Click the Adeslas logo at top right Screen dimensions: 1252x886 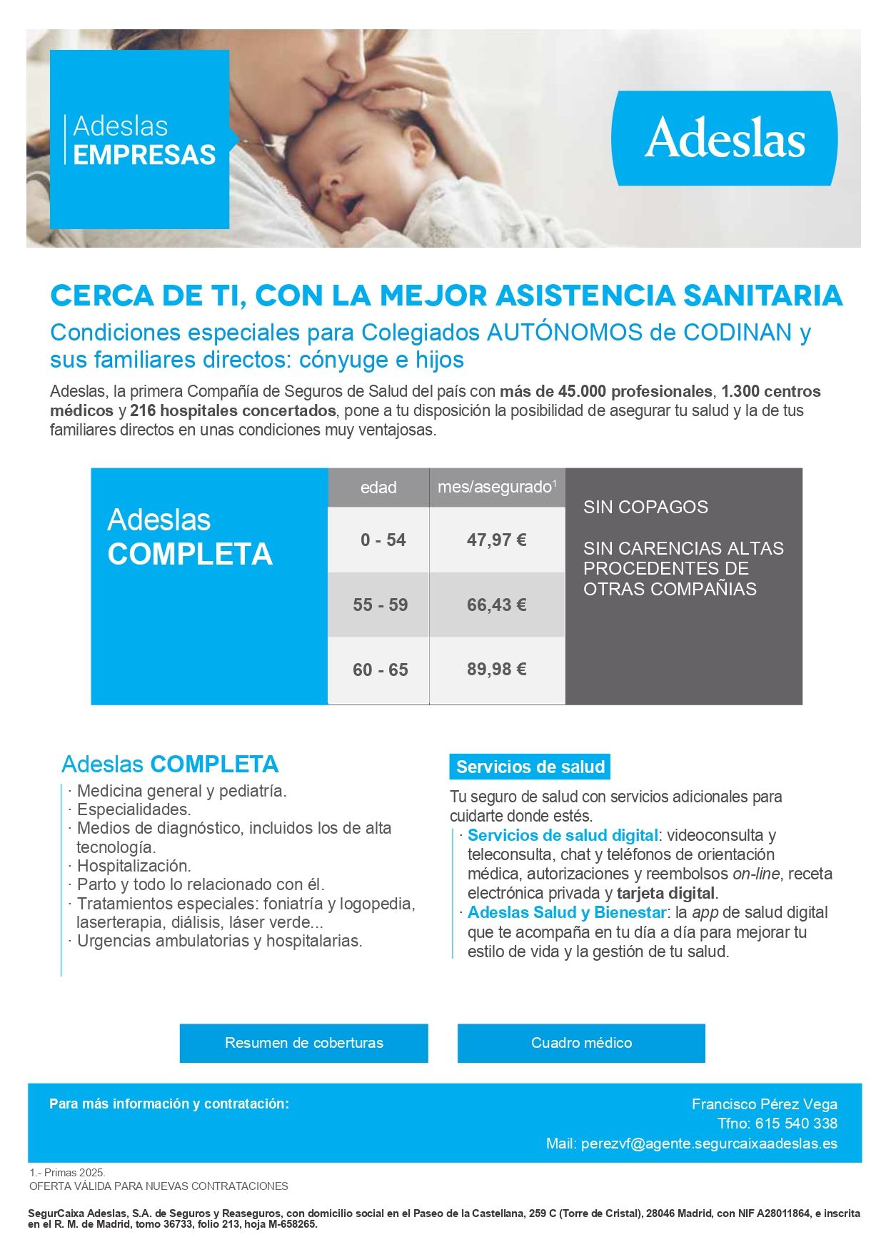click(x=725, y=138)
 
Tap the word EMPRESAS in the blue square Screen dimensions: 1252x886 click(x=144, y=155)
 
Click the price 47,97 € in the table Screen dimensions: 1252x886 click(x=497, y=540)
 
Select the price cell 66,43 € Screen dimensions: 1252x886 click(x=497, y=605)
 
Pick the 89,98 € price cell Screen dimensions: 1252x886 click(x=497, y=670)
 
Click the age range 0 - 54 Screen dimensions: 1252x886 click(x=383, y=540)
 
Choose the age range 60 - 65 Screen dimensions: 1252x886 click(x=380, y=670)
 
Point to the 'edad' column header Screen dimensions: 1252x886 click(x=378, y=488)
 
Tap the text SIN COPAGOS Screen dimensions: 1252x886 click(x=645, y=507)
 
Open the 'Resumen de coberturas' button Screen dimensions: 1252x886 click(x=303, y=1043)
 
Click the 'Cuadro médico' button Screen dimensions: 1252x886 click(x=581, y=1043)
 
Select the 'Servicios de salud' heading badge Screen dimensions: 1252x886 click(x=530, y=767)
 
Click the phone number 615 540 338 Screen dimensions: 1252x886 click(x=796, y=1123)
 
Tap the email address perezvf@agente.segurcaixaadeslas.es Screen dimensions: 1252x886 click(x=709, y=1143)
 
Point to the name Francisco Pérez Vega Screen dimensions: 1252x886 click(x=764, y=1104)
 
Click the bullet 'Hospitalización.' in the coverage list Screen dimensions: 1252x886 click(x=134, y=866)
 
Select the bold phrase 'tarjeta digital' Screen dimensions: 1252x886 click(x=665, y=893)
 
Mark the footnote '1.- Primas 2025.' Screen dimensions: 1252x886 click(x=67, y=1172)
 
